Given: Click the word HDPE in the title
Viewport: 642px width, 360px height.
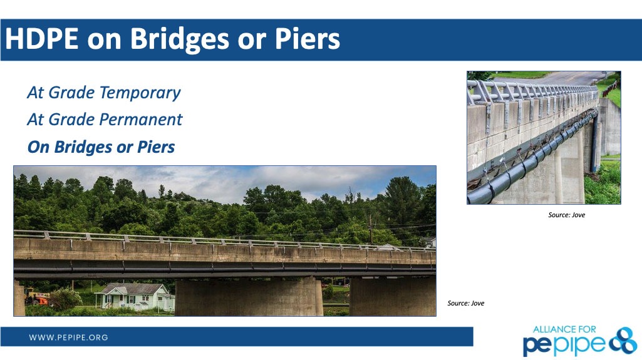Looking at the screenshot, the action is click(x=41, y=39).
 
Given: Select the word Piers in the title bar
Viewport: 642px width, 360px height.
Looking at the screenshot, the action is click(x=308, y=39).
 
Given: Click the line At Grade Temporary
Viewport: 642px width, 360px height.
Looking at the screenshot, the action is click(x=104, y=93).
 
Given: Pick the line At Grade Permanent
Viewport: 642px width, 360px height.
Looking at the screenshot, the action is click(x=105, y=120).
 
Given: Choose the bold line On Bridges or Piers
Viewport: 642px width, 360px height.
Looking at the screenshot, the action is click(x=101, y=147).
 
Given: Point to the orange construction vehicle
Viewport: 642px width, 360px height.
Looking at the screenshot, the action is click(x=36, y=297).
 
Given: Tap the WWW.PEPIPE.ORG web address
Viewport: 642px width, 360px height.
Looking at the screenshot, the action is click(x=68, y=337).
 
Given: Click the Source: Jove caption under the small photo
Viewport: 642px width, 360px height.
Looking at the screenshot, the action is click(x=567, y=215).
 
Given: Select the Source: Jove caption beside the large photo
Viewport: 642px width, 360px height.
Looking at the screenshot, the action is click(x=466, y=303).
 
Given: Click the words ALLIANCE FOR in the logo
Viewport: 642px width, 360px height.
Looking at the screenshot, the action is click(x=564, y=329).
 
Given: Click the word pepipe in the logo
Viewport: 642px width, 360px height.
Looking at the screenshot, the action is click(x=565, y=345).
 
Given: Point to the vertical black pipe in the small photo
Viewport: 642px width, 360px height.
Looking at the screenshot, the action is click(x=595, y=143).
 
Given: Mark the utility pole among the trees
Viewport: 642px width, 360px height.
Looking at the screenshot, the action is click(x=371, y=229).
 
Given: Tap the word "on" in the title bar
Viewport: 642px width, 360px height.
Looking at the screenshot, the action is click(x=104, y=41).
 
